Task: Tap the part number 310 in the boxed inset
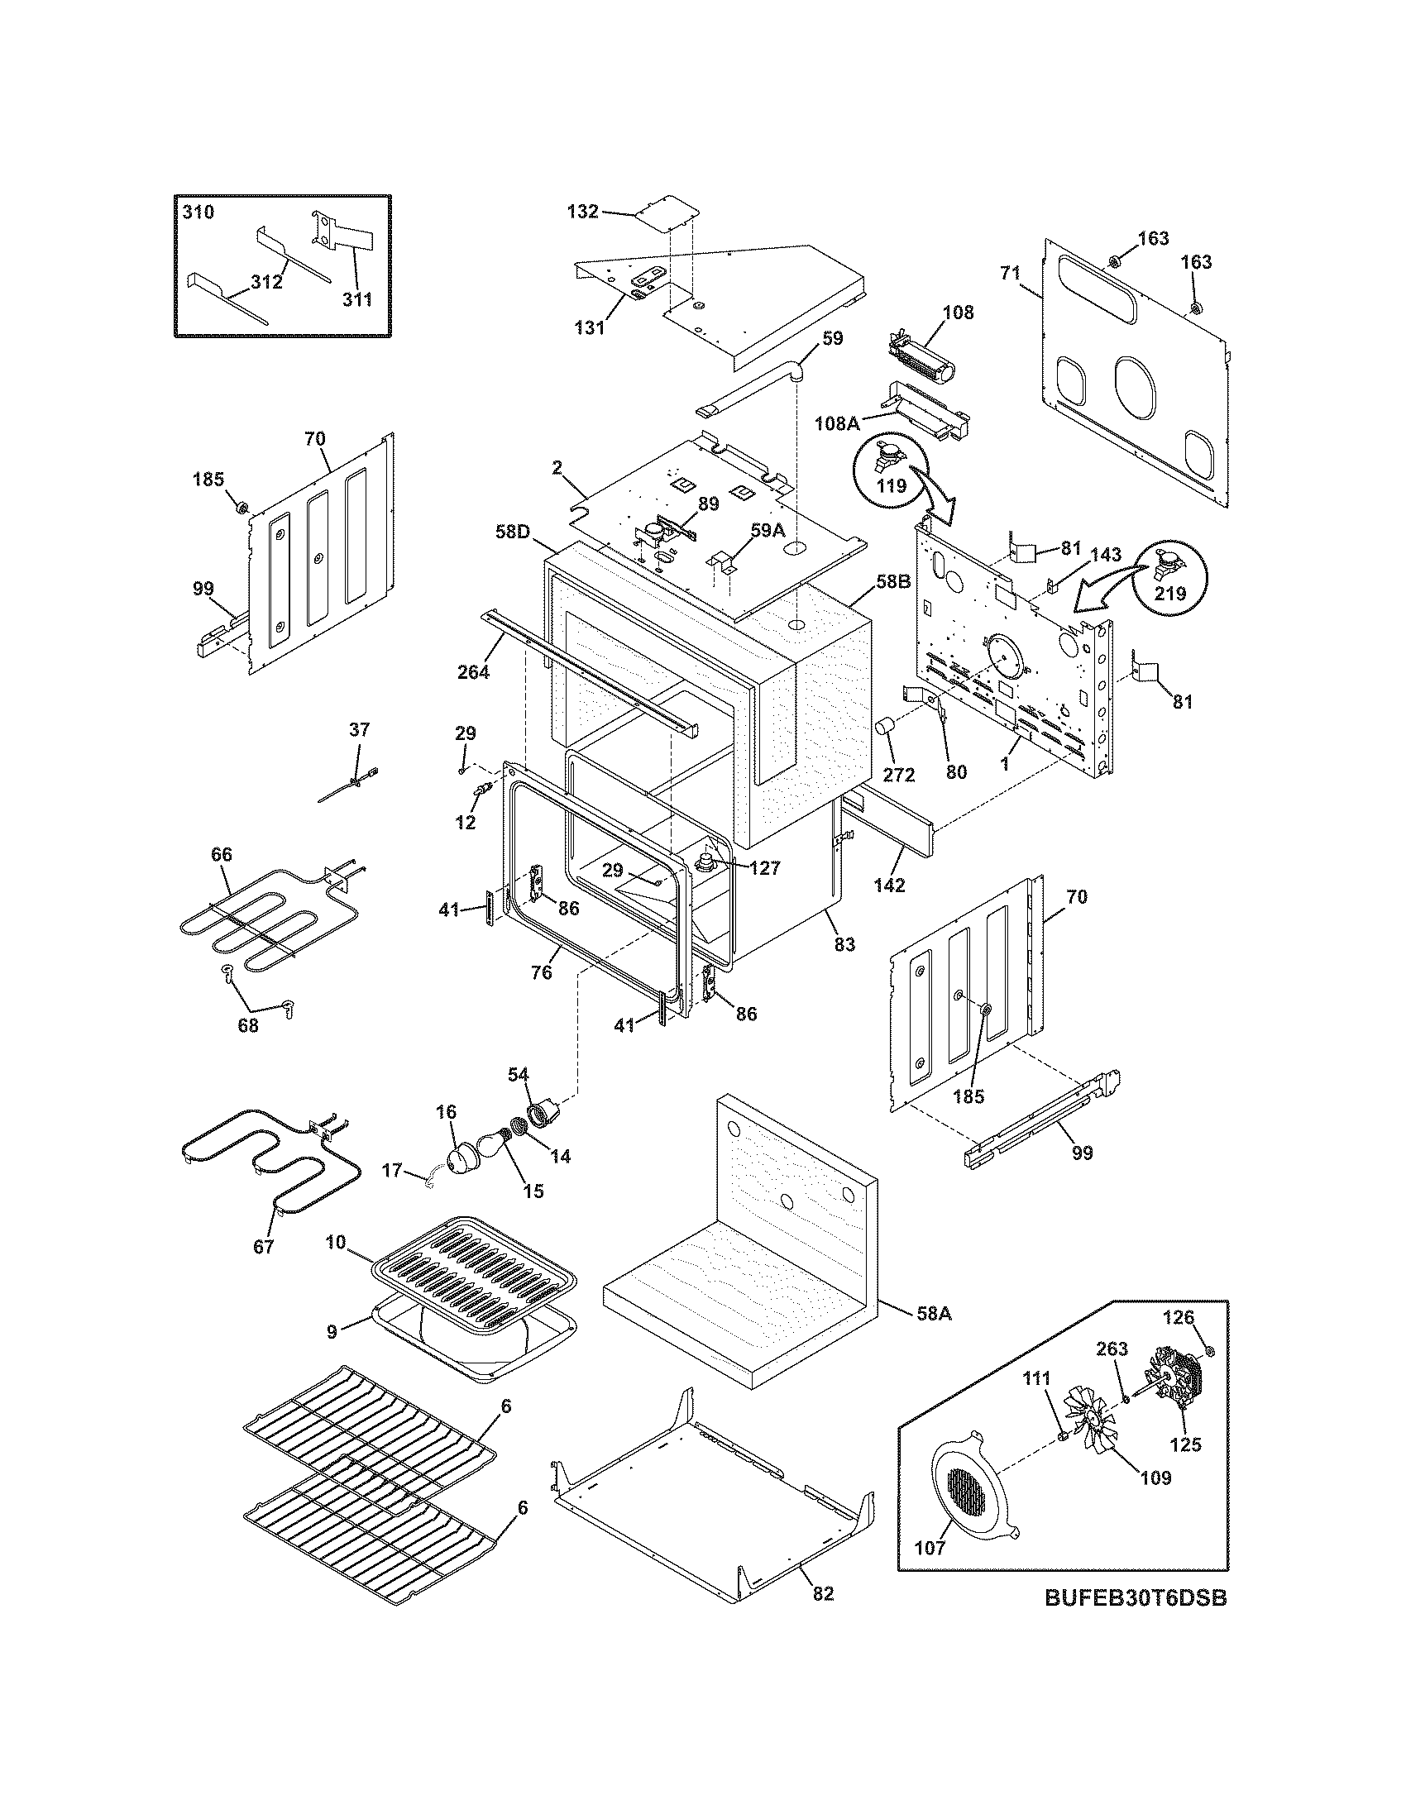pyautogui.click(x=198, y=212)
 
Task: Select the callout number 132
pyautogui.click(x=582, y=212)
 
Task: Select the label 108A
pyautogui.click(x=837, y=423)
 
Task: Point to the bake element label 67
pyautogui.click(x=263, y=1248)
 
